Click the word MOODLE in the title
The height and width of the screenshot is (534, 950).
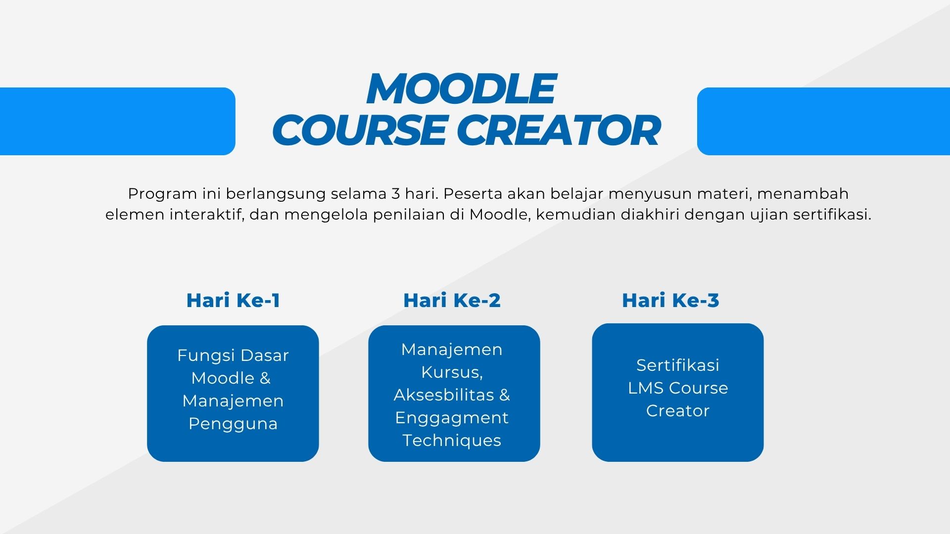coord(461,89)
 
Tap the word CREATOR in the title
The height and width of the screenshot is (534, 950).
coord(558,131)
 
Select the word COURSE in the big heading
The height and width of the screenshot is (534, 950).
coord(359,131)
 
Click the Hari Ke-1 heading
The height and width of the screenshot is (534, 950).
coord(233,300)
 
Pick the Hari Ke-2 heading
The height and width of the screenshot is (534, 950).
coord(452,300)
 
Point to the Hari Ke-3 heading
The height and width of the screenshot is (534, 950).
coord(670,300)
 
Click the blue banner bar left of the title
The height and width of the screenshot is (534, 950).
coord(117,121)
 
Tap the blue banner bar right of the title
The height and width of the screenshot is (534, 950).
coord(823,121)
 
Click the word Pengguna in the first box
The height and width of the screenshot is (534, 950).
coord(233,424)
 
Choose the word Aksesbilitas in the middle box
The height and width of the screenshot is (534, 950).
coord(444,395)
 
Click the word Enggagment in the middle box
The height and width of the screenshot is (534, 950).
coord(452,418)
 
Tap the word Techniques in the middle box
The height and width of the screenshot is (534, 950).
coord(452,440)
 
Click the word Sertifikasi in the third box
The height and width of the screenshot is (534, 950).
coord(678,365)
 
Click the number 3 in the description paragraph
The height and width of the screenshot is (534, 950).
coord(395,193)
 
